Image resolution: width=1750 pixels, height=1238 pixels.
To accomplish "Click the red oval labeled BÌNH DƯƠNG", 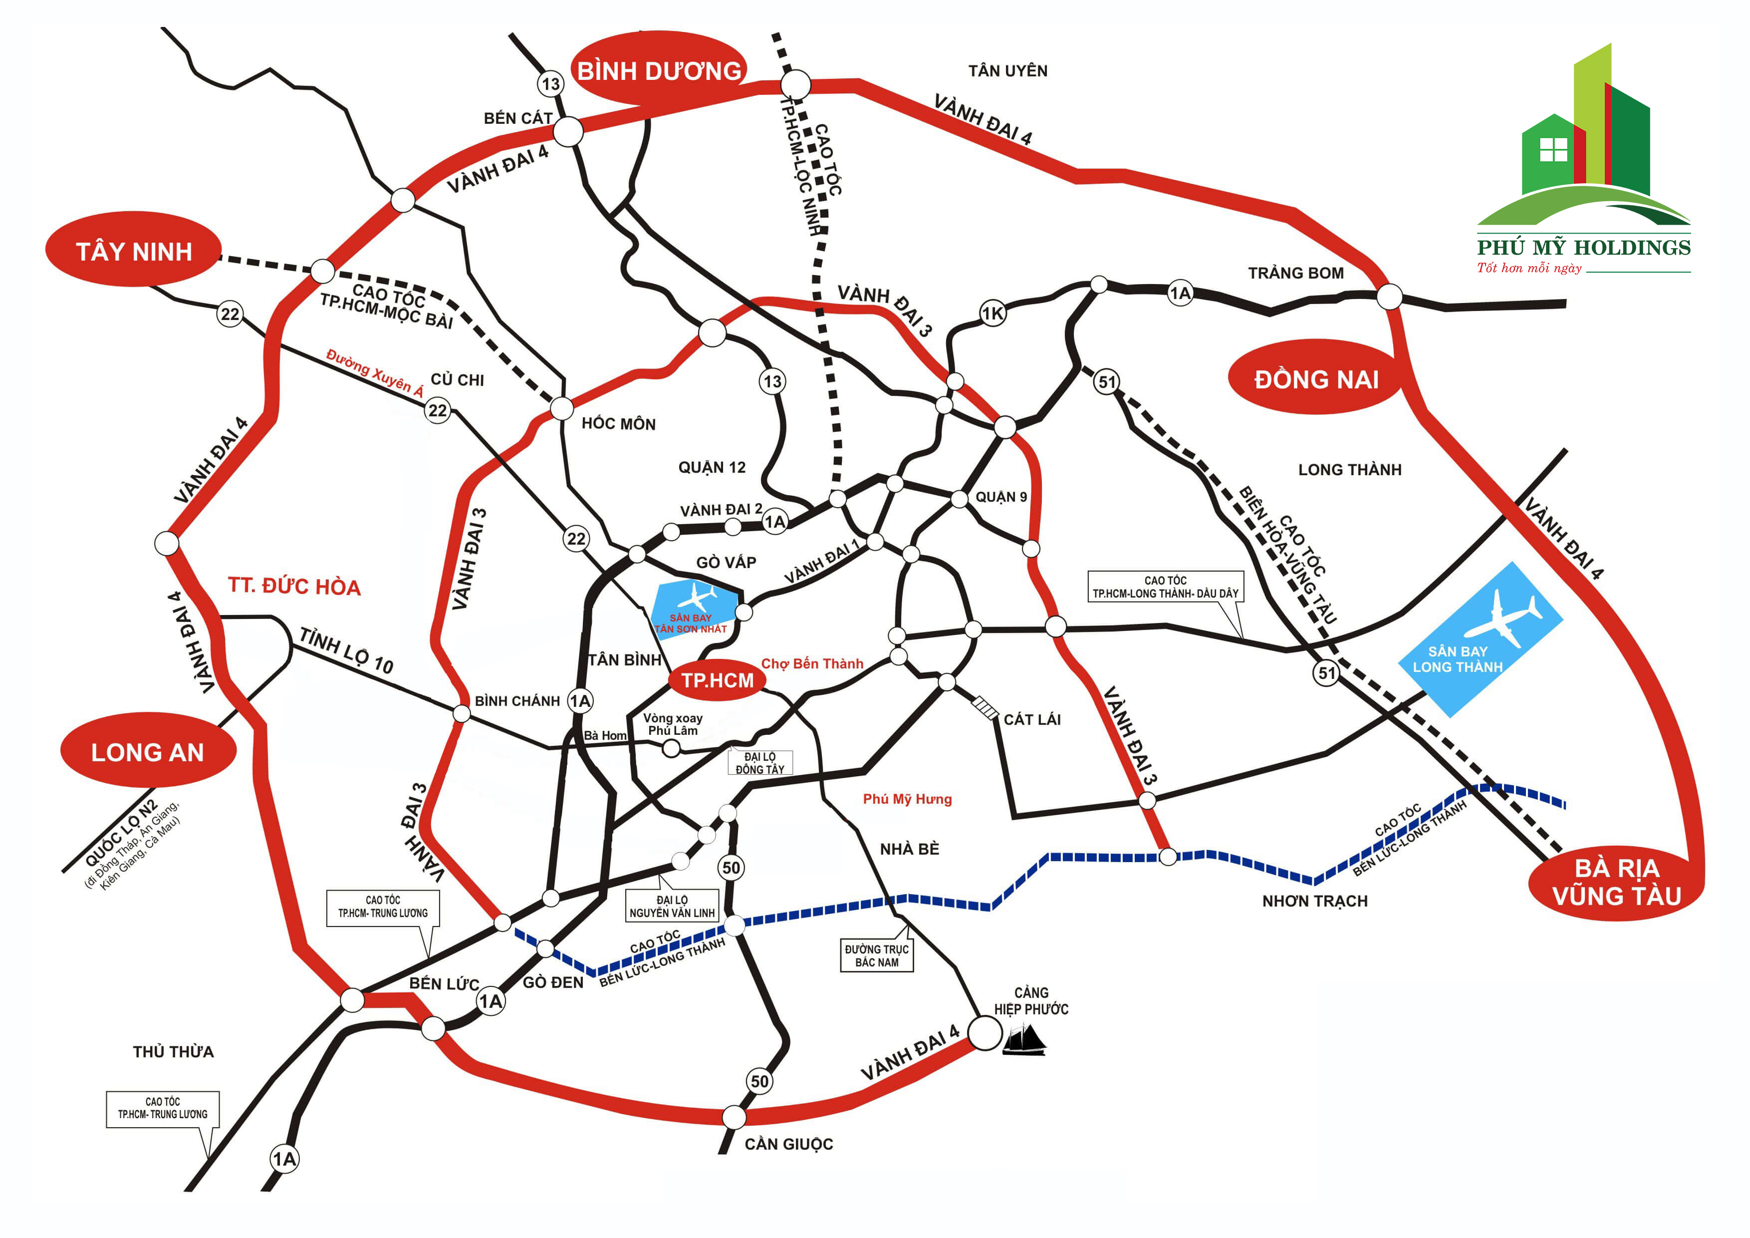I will pyautogui.click(x=659, y=71).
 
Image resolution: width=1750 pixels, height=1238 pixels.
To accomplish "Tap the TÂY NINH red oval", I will pyautogui.click(x=134, y=250).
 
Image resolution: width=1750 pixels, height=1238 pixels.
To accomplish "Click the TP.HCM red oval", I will pyautogui.click(x=717, y=680).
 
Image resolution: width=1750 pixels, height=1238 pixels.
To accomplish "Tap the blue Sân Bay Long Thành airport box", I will pyautogui.click(x=1479, y=640).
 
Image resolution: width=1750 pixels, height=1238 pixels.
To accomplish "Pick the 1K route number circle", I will pyautogui.click(x=993, y=313).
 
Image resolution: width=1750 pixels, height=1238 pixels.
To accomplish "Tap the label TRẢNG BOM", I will pyautogui.click(x=1296, y=273).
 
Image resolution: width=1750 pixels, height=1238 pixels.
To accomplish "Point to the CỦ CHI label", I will pyautogui.click(x=457, y=379).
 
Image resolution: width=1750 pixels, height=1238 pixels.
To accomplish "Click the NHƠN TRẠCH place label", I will pyautogui.click(x=1315, y=901).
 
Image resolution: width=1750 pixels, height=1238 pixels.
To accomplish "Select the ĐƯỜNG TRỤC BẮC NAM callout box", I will pyautogui.click(x=877, y=955).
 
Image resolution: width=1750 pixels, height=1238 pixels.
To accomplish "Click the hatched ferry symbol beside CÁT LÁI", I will pyautogui.click(x=986, y=708).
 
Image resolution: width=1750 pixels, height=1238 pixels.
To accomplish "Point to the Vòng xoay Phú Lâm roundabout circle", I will pyautogui.click(x=671, y=749).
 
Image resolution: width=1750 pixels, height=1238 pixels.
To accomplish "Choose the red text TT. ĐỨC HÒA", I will pyautogui.click(x=294, y=586).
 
